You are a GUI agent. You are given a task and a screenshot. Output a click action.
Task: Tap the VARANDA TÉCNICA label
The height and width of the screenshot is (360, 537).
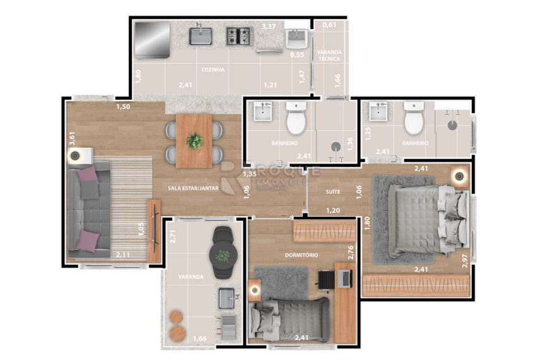point(329,54)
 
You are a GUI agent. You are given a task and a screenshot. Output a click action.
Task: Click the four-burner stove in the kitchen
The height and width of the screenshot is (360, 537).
point(239,36)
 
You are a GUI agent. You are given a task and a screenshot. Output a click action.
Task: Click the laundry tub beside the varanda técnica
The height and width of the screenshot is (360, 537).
point(296,40)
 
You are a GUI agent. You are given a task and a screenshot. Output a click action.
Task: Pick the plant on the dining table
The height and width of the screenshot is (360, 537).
point(195,141)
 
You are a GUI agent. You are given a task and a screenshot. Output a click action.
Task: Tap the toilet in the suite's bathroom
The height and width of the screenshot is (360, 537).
point(414,120)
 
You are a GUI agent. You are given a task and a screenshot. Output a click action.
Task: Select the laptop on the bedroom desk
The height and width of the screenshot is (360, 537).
point(345,278)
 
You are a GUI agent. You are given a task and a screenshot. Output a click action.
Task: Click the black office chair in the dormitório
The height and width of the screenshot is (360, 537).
point(325,279)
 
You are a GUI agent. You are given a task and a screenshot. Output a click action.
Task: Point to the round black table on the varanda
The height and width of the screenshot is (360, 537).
point(222,255)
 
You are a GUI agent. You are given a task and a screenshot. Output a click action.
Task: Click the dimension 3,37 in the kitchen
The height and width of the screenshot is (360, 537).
point(269,27)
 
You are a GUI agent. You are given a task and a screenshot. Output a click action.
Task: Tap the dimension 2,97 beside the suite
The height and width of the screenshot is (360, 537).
point(465,260)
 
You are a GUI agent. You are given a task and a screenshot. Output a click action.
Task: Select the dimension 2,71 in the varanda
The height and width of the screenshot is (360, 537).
point(173,236)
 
